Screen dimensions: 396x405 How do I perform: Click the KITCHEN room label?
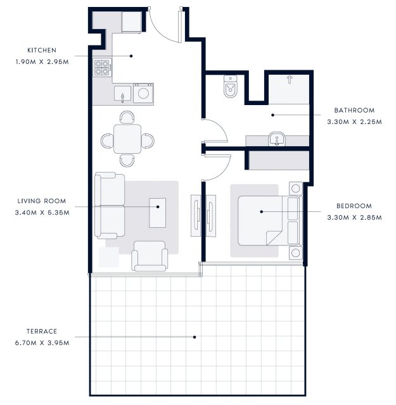(42, 50)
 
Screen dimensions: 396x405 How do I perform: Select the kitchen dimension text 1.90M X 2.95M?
(42, 62)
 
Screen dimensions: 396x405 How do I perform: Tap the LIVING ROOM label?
(42, 201)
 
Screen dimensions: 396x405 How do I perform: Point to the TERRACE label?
(42, 331)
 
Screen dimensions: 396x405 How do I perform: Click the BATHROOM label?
(354, 110)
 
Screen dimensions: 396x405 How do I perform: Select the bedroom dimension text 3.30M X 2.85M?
(354, 218)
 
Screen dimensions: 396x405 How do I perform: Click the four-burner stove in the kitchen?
(103, 68)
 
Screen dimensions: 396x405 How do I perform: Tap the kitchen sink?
(123, 94)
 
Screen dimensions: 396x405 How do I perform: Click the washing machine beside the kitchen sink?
(143, 93)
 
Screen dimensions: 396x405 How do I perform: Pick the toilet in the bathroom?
(230, 87)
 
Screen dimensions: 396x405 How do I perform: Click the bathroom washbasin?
(277, 139)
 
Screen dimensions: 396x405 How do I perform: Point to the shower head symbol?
(290, 80)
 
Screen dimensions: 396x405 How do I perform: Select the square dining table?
(127, 139)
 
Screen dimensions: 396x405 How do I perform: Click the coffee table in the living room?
(158, 213)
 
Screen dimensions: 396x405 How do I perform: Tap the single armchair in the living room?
(150, 256)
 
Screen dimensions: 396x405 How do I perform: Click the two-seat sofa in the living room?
(110, 206)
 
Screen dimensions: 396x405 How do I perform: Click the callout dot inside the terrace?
(195, 337)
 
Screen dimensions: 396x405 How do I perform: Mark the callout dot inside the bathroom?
(272, 115)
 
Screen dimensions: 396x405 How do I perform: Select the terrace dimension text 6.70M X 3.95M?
(42, 343)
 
